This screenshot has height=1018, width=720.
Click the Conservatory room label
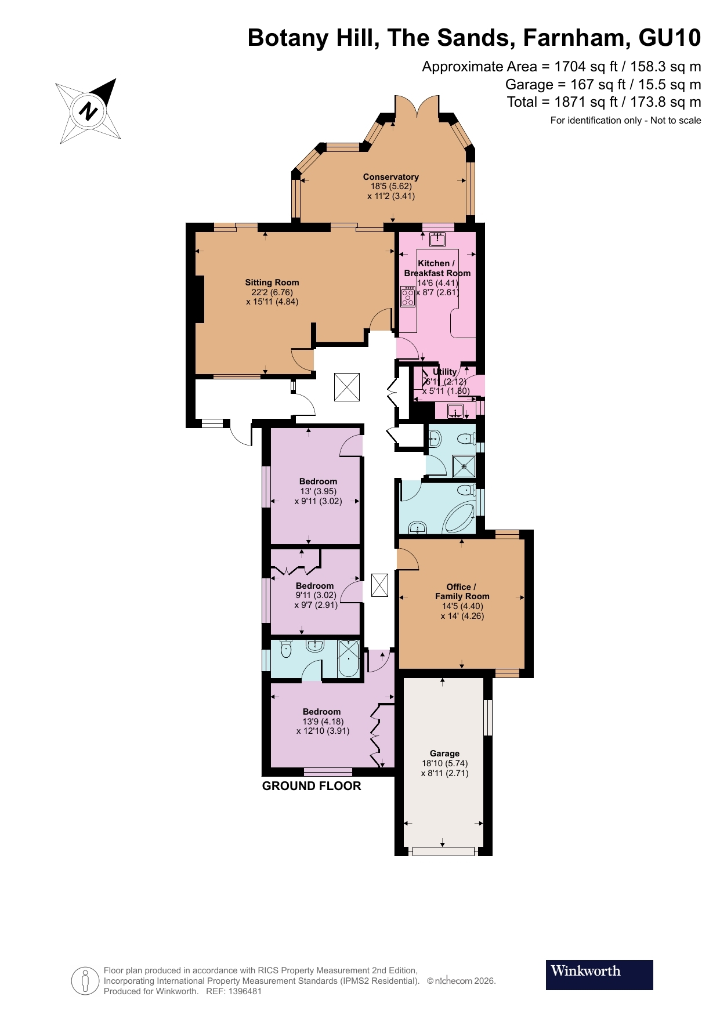point(390,177)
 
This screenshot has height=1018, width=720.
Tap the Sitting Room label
point(272,282)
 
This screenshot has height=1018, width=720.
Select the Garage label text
point(444,753)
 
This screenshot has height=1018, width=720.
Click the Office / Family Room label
point(462,591)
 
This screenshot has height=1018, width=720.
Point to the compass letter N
point(89,111)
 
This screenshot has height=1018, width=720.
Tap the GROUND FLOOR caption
point(312,786)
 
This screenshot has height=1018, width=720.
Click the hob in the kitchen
point(408,297)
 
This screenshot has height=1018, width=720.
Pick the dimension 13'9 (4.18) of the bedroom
point(323,722)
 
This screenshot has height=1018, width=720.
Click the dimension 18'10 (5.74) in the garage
point(444,763)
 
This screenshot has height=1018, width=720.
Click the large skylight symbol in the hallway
point(347,387)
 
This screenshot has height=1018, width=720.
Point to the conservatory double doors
point(417,107)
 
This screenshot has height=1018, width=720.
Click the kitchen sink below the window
point(437,240)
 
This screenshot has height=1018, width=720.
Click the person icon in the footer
point(85,981)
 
